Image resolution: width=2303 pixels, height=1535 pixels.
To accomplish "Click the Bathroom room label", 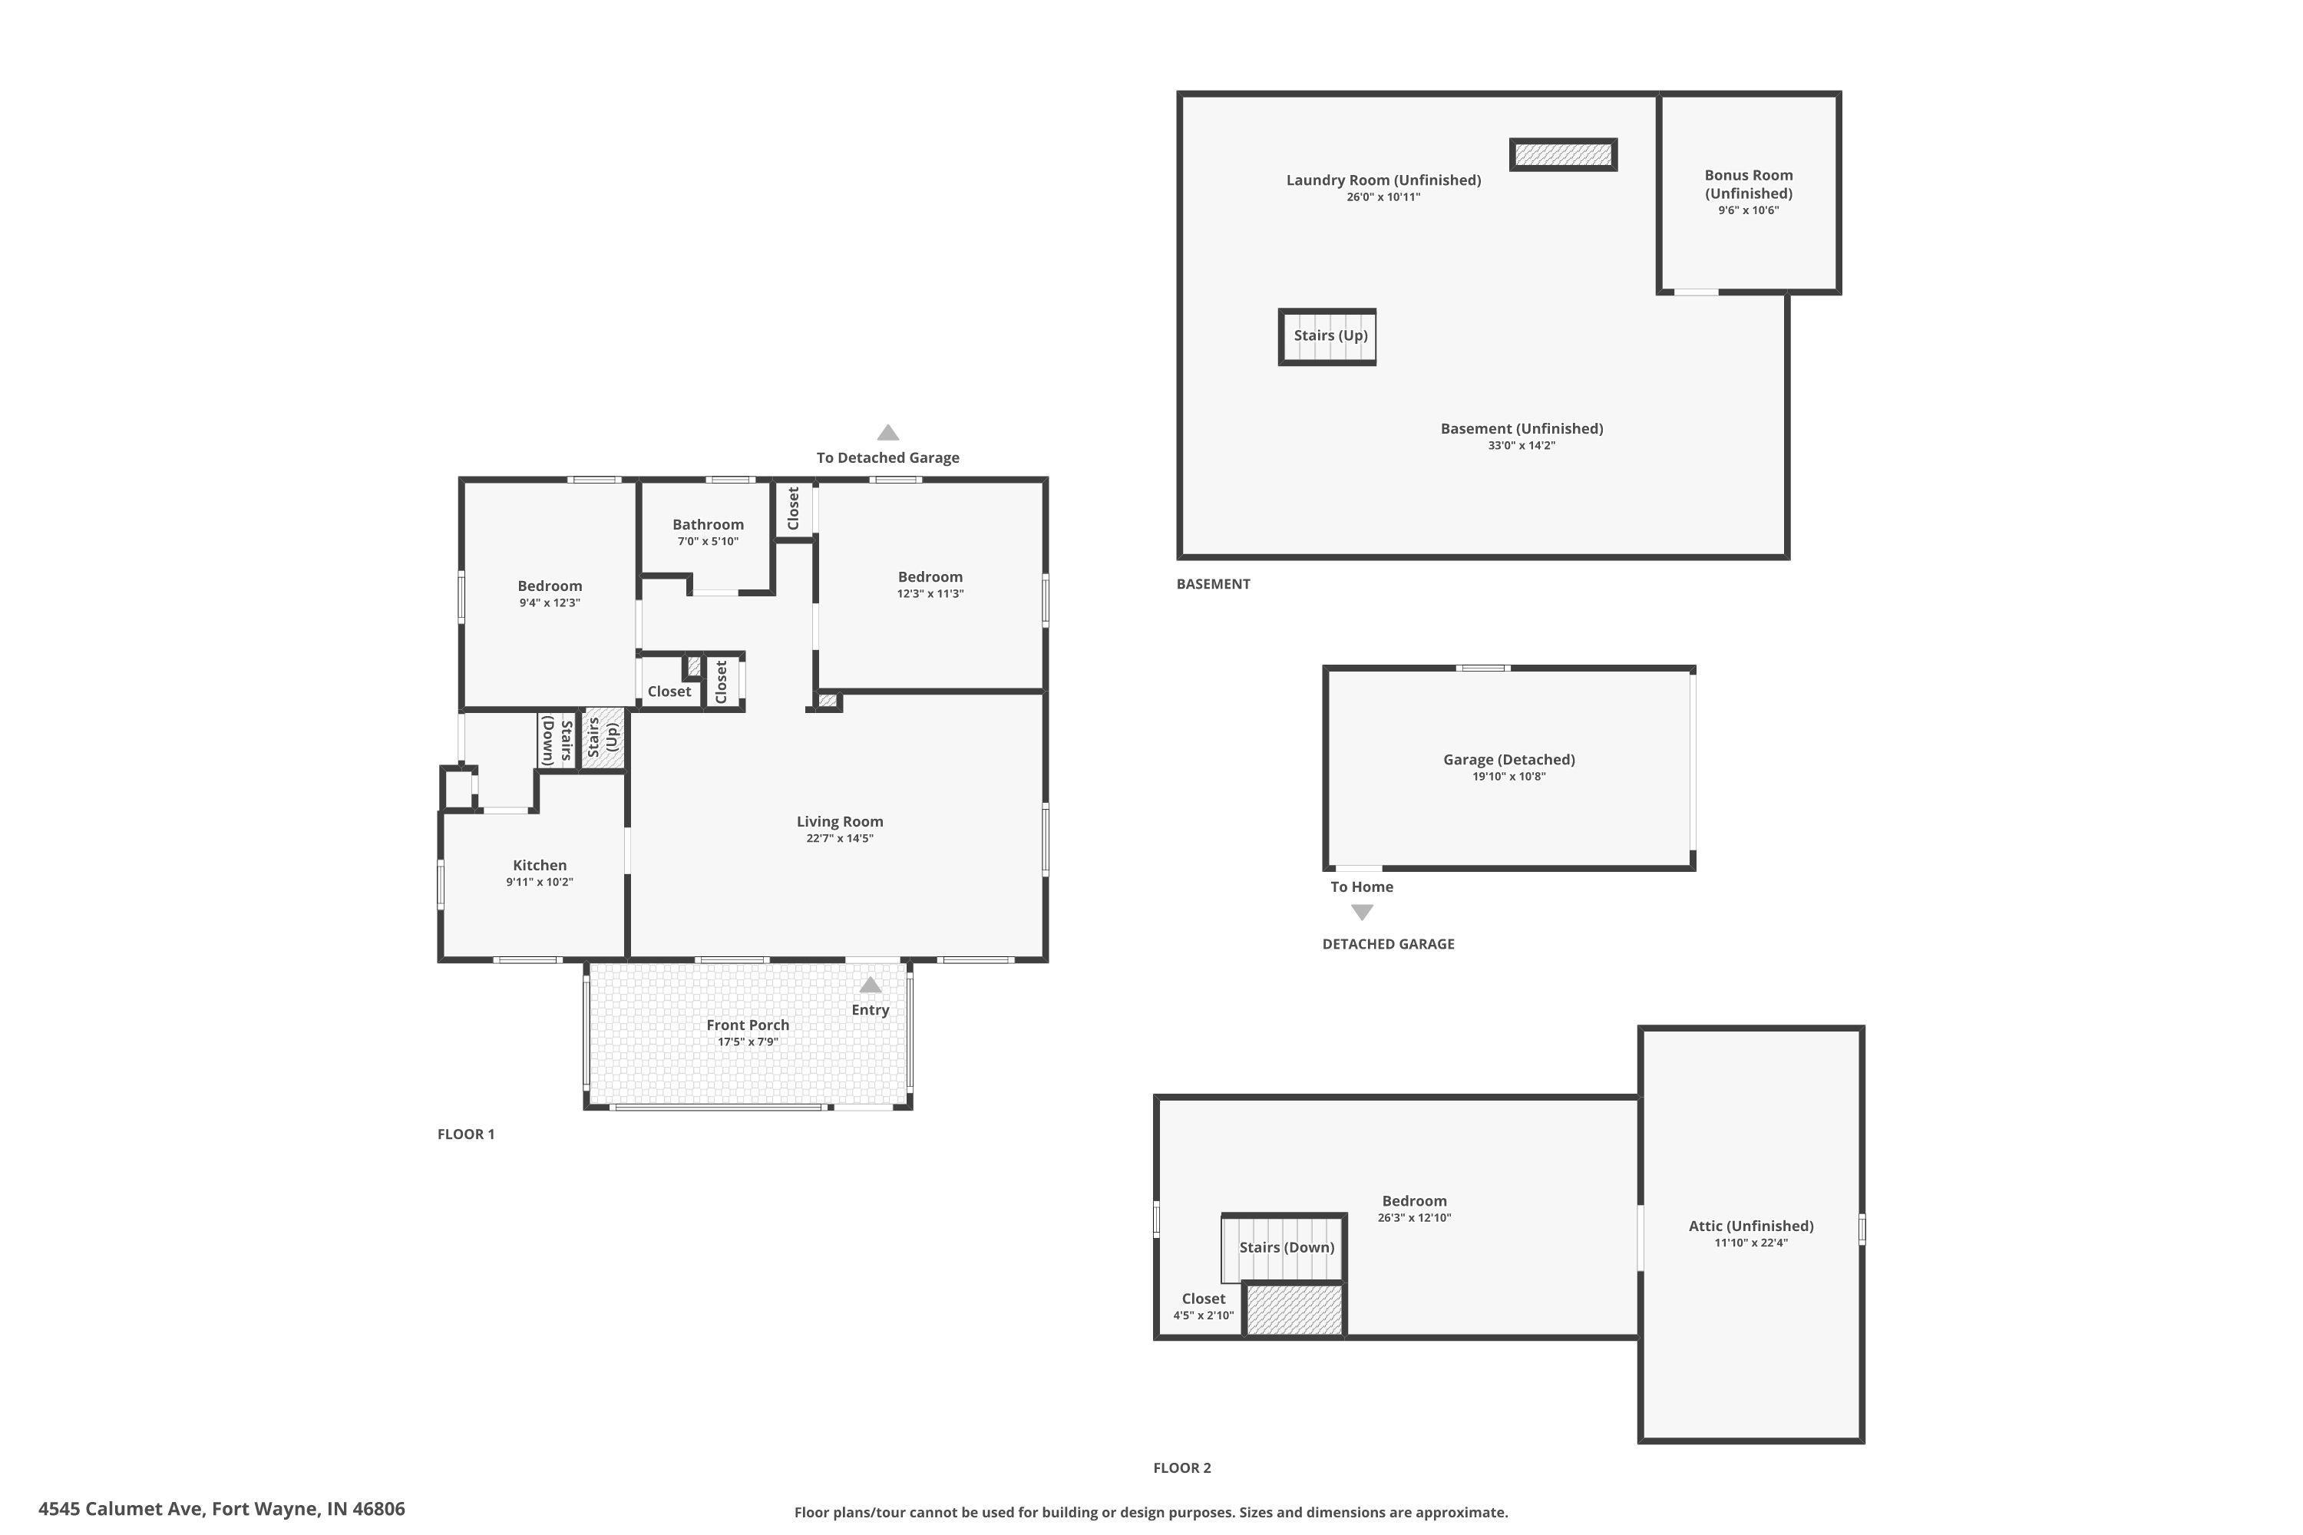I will coord(707,525).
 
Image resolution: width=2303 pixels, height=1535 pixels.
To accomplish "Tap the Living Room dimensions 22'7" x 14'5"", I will coord(839,839).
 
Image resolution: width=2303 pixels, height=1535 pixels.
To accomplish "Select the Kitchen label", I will coord(540,866).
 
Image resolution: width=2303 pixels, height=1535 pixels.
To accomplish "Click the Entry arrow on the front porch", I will coord(870,985).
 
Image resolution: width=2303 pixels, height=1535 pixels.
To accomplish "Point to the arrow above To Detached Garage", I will coord(887,433).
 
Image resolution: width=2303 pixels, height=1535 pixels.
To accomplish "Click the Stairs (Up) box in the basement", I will coord(1329,337).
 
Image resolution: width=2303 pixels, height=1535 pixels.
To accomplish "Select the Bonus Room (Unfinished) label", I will coord(1748,184).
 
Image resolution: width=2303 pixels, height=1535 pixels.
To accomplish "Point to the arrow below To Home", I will coord(1361,913).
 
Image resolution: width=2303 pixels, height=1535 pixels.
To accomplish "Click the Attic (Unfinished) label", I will coord(1751,1226).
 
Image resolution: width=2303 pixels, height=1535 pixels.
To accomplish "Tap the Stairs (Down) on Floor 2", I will coord(1286,1247).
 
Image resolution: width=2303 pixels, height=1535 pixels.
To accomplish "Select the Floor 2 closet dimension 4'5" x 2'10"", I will coord(1204,1315).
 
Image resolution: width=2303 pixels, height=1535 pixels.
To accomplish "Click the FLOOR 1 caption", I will coord(465,1134).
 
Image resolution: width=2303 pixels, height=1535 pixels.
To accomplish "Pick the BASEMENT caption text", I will coord(1212,583).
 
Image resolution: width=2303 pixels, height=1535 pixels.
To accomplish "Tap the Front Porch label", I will coord(747,1025).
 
